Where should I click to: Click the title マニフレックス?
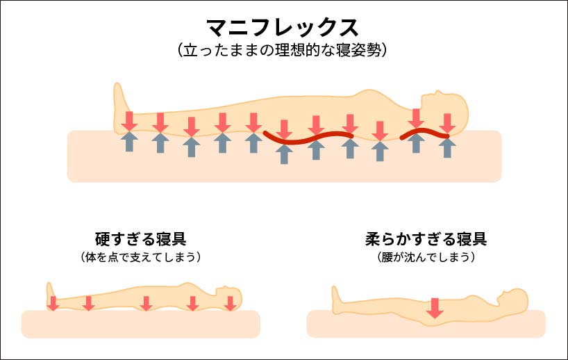coord(283,28)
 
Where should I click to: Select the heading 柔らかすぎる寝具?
coord(426,239)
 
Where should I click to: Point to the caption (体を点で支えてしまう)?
coord(140,257)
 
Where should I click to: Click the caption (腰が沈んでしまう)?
coord(426,257)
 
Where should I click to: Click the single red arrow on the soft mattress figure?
coord(435,306)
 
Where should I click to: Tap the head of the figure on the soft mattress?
coord(515,300)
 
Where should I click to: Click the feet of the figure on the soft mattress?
coord(337,299)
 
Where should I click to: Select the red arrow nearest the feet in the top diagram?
coord(128,120)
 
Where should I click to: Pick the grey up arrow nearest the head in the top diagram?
coord(448,147)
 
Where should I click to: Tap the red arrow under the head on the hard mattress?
coord(231,303)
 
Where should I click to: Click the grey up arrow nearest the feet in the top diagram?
coord(128,142)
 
